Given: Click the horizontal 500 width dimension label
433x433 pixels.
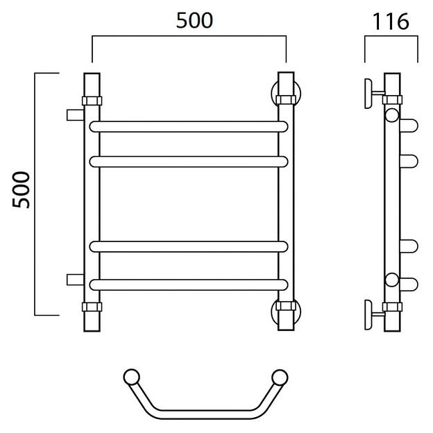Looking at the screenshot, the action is (194, 20).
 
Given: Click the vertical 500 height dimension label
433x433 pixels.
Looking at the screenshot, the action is (21, 189).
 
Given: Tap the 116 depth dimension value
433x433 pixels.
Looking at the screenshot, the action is (391, 22).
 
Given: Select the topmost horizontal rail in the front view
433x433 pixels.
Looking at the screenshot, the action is (189, 126).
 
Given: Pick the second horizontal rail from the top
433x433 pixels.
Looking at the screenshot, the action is (189, 162).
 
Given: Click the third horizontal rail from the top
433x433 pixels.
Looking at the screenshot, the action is (189, 246).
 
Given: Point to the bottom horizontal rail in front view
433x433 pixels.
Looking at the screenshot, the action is (189, 285).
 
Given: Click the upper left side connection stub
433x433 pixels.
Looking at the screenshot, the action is (75, 115).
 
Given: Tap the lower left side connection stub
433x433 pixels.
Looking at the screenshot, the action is (75, 280).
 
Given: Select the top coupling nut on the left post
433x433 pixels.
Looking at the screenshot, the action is (92, 101).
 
